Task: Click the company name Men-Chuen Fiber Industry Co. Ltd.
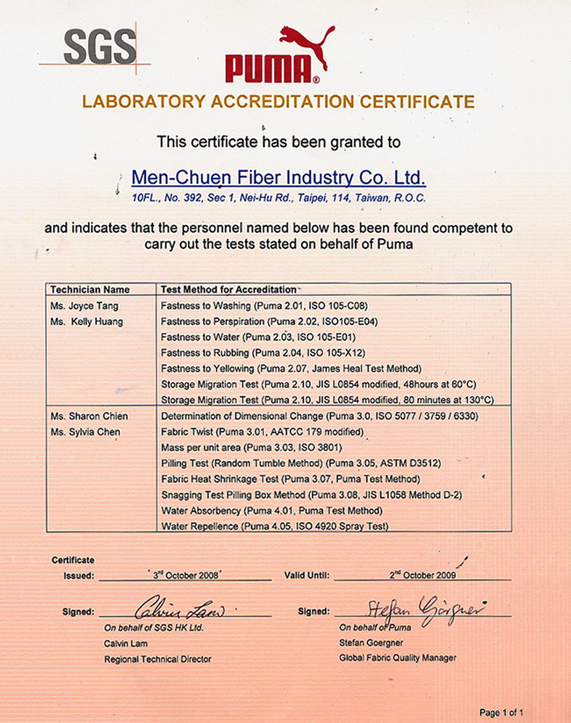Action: coord(278,178)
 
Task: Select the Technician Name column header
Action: coord(90,289)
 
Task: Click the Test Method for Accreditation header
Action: coord(228,289)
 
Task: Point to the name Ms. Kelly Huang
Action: coord(87,322)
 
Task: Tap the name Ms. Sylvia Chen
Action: coord(85,432)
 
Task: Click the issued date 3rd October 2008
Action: coord(186,576)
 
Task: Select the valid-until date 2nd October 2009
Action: coord(424,576)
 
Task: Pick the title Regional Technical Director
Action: coord(158,659)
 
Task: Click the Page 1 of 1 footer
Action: coord(502,712)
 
